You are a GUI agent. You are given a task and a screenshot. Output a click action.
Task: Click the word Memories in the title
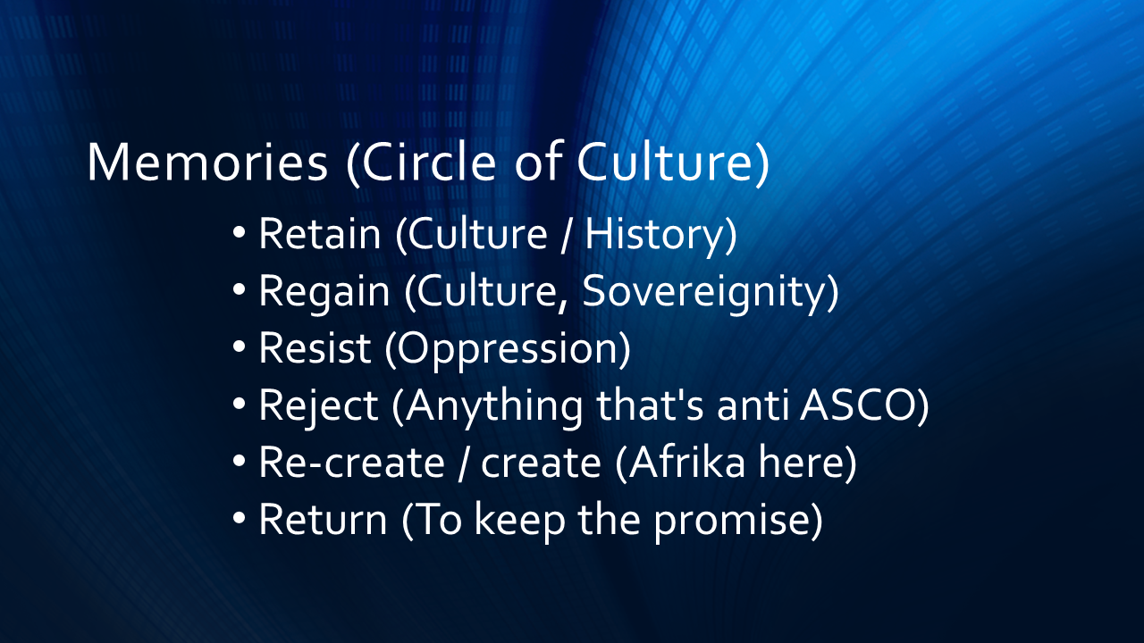207,162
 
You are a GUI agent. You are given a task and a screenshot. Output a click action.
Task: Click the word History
655,237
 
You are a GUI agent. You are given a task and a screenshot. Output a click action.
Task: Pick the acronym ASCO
858,405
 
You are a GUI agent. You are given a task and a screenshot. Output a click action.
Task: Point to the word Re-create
352,462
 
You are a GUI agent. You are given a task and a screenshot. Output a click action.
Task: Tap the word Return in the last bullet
324,519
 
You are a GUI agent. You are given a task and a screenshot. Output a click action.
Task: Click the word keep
520,521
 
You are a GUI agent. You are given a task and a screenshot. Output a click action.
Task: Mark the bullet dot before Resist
239,347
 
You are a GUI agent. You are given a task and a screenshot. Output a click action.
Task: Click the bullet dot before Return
239,519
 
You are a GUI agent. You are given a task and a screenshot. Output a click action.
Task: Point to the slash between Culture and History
566,235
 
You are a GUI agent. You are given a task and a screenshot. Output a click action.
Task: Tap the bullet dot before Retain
239,233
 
